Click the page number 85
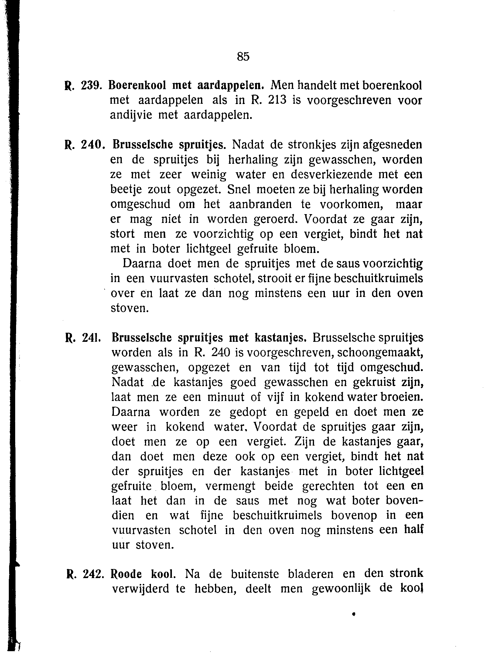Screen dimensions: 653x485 pos(243,56)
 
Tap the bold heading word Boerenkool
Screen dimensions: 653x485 pos(137,86)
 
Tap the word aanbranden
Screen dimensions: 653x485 pos(260,204)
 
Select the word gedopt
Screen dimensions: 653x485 pos(248,412)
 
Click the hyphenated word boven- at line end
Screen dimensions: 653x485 pos(404,501)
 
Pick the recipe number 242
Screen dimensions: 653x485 pos(92,574)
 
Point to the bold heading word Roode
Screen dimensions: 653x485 pos(127,574)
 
